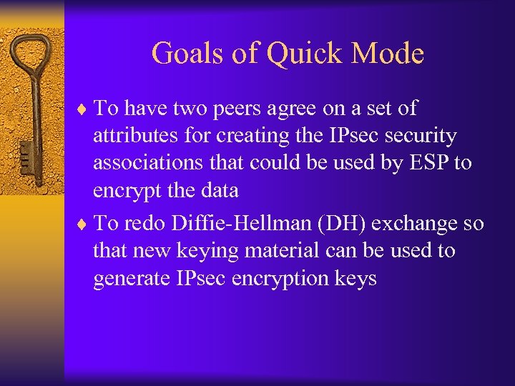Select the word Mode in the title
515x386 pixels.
(x=389, y=54)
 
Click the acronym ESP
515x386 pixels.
(x=428, y=163)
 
